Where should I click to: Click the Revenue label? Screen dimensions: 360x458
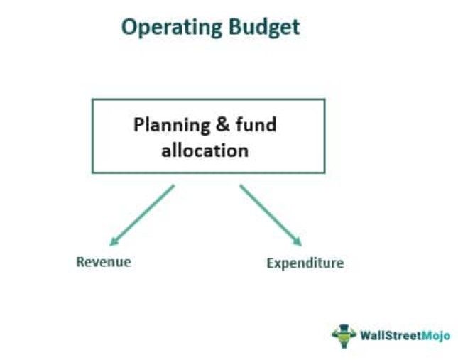[104, 261]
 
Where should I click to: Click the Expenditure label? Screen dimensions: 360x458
[305, 263]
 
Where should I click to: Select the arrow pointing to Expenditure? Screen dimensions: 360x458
[271, 215]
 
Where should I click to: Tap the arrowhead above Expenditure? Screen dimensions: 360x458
[298, 242]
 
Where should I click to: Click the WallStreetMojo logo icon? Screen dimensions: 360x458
[344, 334]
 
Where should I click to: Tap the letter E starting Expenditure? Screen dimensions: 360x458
[271, 263]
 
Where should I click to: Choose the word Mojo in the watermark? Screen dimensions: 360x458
[436, 334]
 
